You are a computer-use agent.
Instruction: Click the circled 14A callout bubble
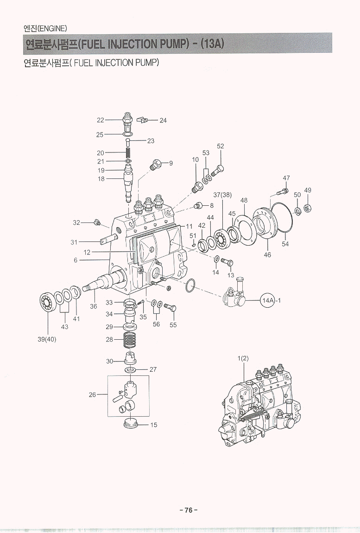[x=268, y=300]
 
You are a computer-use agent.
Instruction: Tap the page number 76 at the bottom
[x=188, y=510]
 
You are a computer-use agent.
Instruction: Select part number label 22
[x=100, y=120]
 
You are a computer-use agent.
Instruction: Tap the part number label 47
[x=286, y=178]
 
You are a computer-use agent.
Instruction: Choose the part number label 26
[x=93, y=395]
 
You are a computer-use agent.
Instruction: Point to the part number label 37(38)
[x=222, y=195]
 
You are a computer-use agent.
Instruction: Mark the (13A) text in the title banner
[x=213, y=44]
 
